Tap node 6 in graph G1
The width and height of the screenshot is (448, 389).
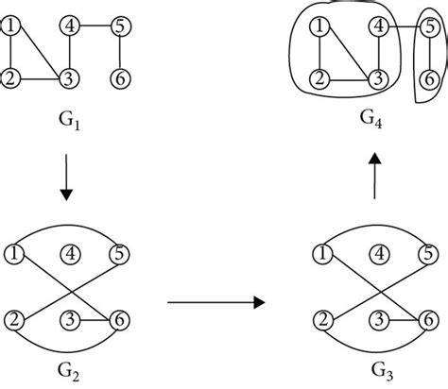click(121, 77)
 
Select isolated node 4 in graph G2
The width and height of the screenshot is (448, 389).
click(68, 253)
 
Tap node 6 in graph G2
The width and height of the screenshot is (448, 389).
click(121, 318)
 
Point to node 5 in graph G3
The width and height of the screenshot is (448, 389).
click(429, 253)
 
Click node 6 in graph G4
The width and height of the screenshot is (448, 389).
click(429, 77)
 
